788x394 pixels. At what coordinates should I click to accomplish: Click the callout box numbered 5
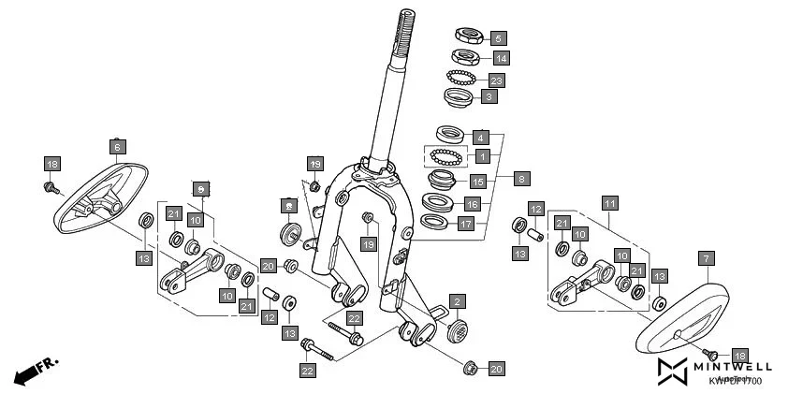[x=498, y=38]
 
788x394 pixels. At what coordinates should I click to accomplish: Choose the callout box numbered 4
[x=481, y=137]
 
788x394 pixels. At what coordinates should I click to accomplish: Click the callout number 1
[x=481, y=156]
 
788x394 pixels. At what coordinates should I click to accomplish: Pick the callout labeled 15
[x=476, y=182]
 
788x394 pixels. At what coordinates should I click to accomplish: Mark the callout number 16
[x=473, y=203]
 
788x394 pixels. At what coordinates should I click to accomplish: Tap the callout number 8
[x=521, y=176]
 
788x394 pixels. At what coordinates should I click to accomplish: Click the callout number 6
[x=118, y=147]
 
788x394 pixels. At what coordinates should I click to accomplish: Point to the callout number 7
[x=706, y=256]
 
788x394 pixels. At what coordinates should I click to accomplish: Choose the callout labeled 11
[x=609, y=202]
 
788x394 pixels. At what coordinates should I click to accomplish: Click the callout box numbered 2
[x=456, y=301]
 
